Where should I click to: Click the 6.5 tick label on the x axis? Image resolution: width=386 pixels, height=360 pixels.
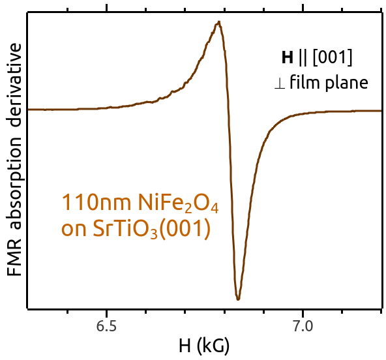click(x=106, y=326)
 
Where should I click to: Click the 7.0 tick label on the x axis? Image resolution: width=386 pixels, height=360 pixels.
click(x=303, y=326)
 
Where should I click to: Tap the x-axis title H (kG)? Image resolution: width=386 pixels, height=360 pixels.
click(x=204, y=346)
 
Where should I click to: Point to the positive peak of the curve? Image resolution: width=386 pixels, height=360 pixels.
click(x=219, y=22)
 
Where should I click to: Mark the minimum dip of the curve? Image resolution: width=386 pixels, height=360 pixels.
click(x=238, y=299)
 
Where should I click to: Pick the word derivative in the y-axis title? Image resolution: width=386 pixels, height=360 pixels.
click(x=14, y=85)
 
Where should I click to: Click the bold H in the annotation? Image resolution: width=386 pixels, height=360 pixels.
click(x=288, y=57)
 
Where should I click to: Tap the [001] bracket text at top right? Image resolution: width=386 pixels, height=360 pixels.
click(x=333, y=57)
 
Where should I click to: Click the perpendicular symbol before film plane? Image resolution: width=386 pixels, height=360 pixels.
click(x=280, y=83)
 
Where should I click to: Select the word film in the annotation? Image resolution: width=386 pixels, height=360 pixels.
click(x=304, y=82)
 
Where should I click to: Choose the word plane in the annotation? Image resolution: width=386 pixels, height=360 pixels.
click(x=347, y=82)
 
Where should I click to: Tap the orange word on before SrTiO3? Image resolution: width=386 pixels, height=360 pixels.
click(x=74, y=230)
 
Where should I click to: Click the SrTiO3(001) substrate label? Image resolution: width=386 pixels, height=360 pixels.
click(x=152, y=229)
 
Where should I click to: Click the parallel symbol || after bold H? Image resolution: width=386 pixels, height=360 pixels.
click(x=303, y=57)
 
